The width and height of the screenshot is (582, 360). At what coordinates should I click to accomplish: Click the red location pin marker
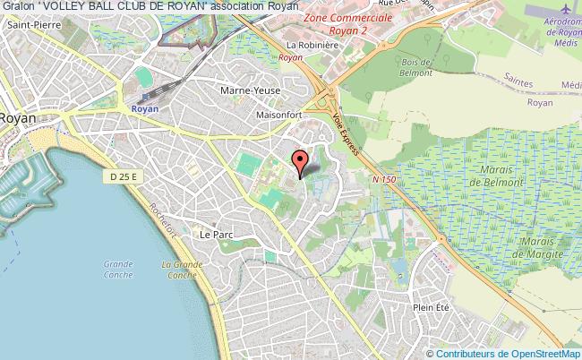click(x=301, y=163)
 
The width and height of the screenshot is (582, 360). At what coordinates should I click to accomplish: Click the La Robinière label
click(x=304, y=43)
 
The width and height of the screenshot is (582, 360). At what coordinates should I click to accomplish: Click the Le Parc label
click(x=216, y=235)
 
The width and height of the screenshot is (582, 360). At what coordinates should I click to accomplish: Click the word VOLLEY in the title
click(x=67, y=7)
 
